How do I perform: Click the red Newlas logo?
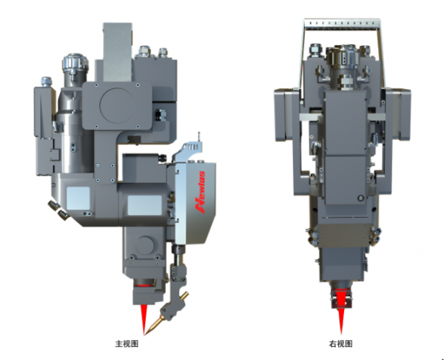201,193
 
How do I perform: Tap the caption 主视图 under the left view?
127,344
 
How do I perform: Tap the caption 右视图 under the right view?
340,344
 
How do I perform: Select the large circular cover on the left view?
117,104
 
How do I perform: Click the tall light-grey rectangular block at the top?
118,53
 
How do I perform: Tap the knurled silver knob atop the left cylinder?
75,63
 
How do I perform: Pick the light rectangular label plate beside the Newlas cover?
145,205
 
